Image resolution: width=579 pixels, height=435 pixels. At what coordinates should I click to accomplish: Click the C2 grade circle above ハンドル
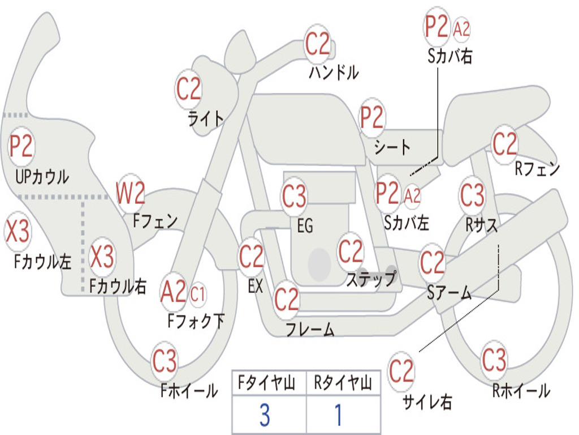pyautogui.click(x=318, y=44)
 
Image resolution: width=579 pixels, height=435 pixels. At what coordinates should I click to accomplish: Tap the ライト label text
pyautogui.click(x=206, y=118)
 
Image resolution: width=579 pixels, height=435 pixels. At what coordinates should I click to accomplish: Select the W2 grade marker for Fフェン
pyautogui.click(x=131, y=194)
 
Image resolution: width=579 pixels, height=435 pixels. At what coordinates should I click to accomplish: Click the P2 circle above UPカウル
pyautogui.click(x=21, y=147)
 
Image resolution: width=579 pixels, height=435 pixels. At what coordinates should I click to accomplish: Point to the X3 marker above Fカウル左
pyautogui.click(x=17, y=232)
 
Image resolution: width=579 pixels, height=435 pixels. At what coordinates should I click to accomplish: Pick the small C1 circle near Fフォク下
pyautogui.click(x=198, y=293)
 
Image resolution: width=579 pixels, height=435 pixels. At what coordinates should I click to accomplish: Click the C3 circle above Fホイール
pyautogui.click(x=165, y=361)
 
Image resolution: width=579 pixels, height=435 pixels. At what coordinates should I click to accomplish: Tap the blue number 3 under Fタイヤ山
pyautogui.click(x=265, y=415)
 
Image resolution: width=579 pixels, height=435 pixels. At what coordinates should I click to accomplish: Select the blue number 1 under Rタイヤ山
pyautogui.click(x=339, y=415)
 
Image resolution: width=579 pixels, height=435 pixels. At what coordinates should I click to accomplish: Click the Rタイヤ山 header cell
pyautogui.click(x=343, y=384)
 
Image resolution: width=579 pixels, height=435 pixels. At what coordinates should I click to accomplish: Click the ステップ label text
pyautogui.click(x=371, y=279)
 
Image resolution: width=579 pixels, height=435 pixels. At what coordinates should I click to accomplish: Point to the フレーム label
pyautogui.click(x=310, y=329)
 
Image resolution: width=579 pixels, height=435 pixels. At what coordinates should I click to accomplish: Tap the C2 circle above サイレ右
pyautogui.click(x=401, y=372)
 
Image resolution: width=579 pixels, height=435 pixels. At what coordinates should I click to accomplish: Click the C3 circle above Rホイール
pyautogui.click(x=494, y=360)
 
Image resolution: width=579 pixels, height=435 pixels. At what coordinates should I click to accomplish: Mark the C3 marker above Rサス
pyautogui.click(x=472, y=195)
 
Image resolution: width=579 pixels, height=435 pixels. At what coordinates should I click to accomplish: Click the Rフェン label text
pyautogui.click(x=537, y=169)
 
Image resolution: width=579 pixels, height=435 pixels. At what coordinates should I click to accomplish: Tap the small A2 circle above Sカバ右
pyautogui.click(x=461, y=29)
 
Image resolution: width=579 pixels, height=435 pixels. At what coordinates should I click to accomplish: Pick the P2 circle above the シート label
pyautogui.click(x=372, y=118)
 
